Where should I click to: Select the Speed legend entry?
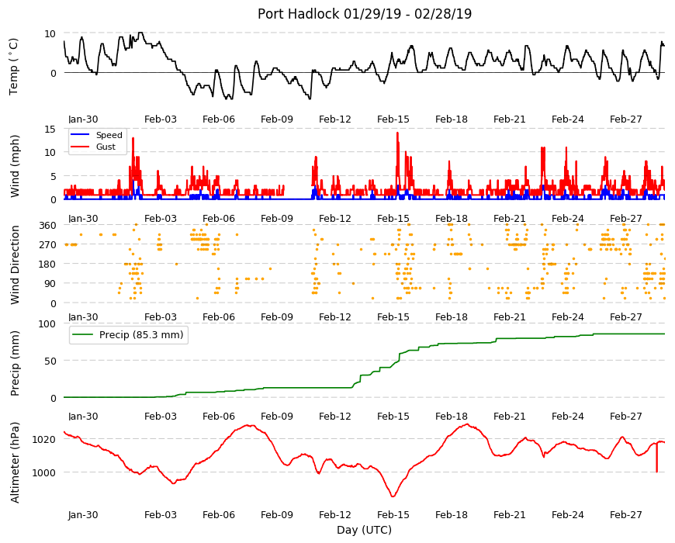pos(109,135)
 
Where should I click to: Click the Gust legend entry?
pos(106,147)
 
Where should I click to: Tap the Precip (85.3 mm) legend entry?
pos(141,335)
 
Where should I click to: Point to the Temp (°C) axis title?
pos(14,67)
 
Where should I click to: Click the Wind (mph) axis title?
pos(15,166)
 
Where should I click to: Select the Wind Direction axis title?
pos(15,265)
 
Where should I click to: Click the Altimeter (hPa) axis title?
pos(15,462)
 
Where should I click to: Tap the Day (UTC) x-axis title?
pos(364,530)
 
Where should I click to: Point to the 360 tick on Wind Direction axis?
pos(48,226)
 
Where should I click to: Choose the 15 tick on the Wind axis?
pos(50,129)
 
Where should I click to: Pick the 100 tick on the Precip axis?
pos(48,323)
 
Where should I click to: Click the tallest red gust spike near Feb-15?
pos(397,133)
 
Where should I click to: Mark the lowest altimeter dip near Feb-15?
pos(393,496)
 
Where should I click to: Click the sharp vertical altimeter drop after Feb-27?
pos(656,458)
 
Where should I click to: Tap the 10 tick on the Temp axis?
pos(50,33)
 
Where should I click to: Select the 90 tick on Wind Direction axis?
pos(50,284)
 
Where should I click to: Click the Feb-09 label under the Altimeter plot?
pos(277,514)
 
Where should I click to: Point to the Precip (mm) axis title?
pos(15,364)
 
